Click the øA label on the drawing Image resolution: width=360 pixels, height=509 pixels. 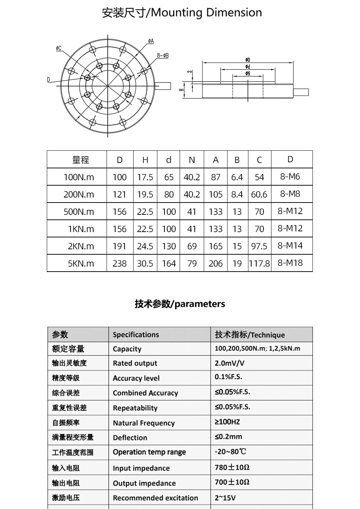(x=151, y=41)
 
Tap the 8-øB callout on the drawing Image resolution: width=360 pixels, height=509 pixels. (x=163, y=56)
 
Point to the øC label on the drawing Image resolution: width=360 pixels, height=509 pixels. (x=58, y=48)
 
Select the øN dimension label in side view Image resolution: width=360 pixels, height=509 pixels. (x=248, y=73)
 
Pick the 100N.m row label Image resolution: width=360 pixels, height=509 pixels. (x=79, y=177)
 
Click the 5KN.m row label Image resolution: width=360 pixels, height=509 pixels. (x=81, y=263)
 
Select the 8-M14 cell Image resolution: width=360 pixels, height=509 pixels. (x=290, y=246)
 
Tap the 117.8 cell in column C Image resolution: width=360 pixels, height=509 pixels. (x=259, y=263)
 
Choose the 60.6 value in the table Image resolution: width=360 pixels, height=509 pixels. (x=259, y=194)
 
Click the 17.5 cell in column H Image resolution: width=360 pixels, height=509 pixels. (x=145, y=177)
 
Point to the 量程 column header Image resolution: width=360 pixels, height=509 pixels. (x=81, y=160)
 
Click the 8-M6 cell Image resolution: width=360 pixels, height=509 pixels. (x=290, y=177)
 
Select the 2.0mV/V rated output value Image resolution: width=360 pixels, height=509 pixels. (x=229, y=363)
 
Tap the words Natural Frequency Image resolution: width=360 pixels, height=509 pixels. (x=144, y=423)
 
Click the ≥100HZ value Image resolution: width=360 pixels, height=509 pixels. (x=227, y=422)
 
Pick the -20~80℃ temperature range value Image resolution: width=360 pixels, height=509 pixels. (x=230, y=451)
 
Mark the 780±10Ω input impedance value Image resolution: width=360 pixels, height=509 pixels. (x=232, y=467)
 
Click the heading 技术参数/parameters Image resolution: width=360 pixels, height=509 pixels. (x=180, y=304)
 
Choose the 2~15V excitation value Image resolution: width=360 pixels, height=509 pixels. (x=226, y=498)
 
